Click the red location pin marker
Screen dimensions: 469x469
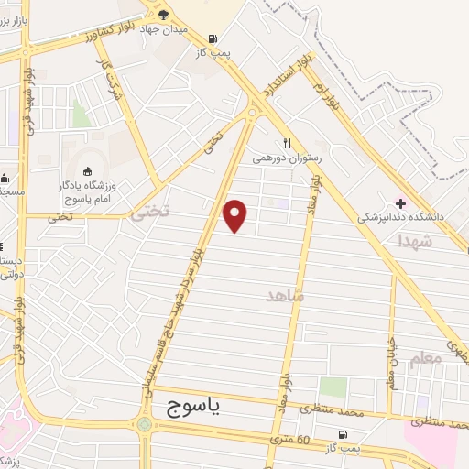tap(236, 215)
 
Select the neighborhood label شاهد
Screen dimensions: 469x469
tap(284, 296)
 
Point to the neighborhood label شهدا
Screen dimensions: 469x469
tap(414, 241)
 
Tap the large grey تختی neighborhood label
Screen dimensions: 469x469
tap(149, 213)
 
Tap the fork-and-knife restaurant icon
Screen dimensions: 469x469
tap(287, 143)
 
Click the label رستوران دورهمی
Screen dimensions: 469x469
tap(287, 158)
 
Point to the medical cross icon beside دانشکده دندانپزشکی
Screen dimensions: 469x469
tap(399, 202)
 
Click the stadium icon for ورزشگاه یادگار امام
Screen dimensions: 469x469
tap(88, 171)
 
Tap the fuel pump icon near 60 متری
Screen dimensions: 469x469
tap(343, 433)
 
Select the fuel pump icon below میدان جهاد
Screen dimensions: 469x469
tap(213, 38)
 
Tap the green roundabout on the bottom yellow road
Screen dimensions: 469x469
tap(144, 424)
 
